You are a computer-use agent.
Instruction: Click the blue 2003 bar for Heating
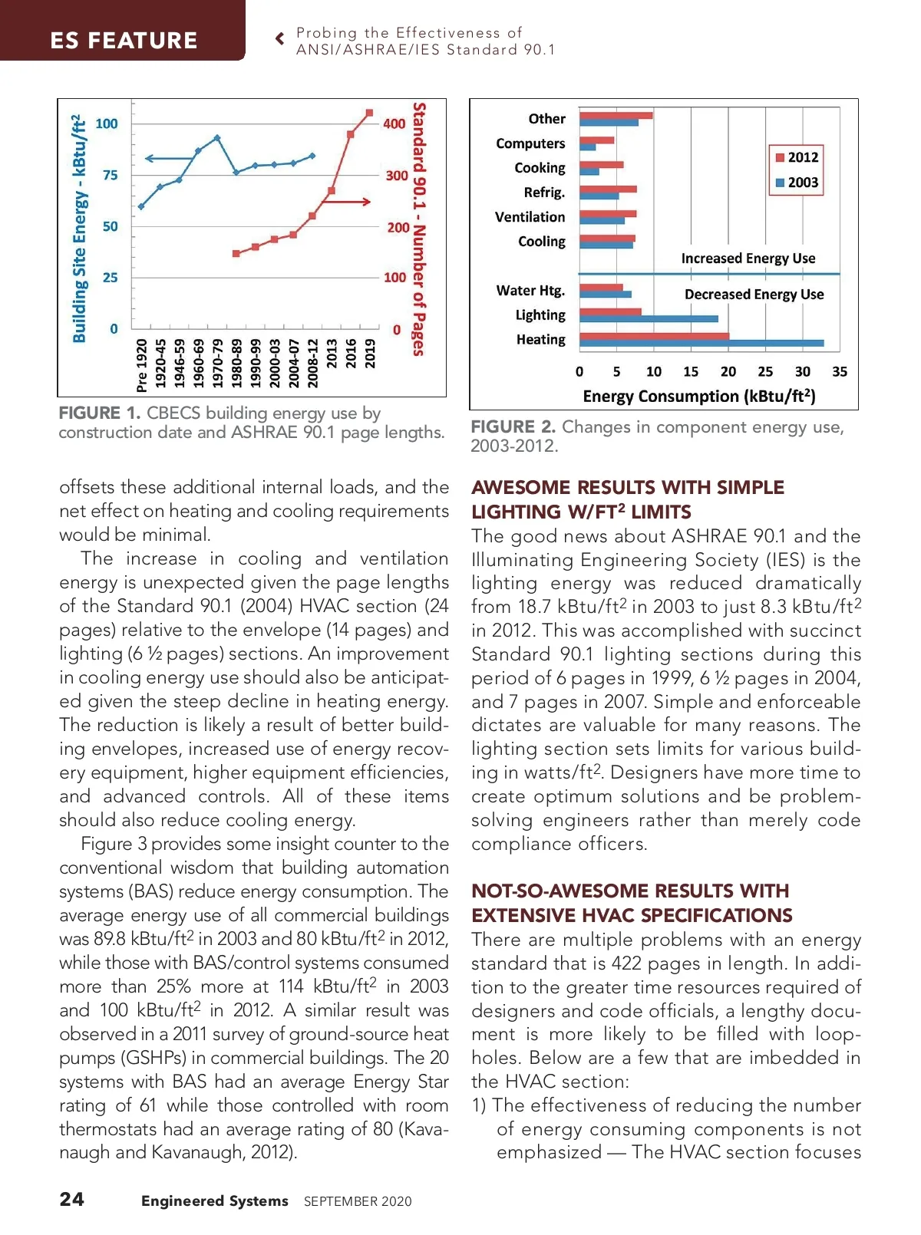701,343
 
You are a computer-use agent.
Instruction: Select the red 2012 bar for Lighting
610,311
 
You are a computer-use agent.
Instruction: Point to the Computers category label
530,143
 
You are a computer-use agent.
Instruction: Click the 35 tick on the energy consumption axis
840,371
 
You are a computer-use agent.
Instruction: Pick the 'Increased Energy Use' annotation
748,259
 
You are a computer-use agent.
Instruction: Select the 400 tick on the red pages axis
394,123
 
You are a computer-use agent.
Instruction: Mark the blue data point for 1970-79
217,138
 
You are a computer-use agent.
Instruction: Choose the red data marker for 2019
369,113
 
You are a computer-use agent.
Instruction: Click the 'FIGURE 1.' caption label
99,413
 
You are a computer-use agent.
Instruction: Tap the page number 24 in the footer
72,1199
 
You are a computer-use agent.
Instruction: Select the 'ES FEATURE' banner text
124,40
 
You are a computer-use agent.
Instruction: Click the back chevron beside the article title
280,38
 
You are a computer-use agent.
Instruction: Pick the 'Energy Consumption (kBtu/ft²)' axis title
698,396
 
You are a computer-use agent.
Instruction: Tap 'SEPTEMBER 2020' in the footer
358,1201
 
